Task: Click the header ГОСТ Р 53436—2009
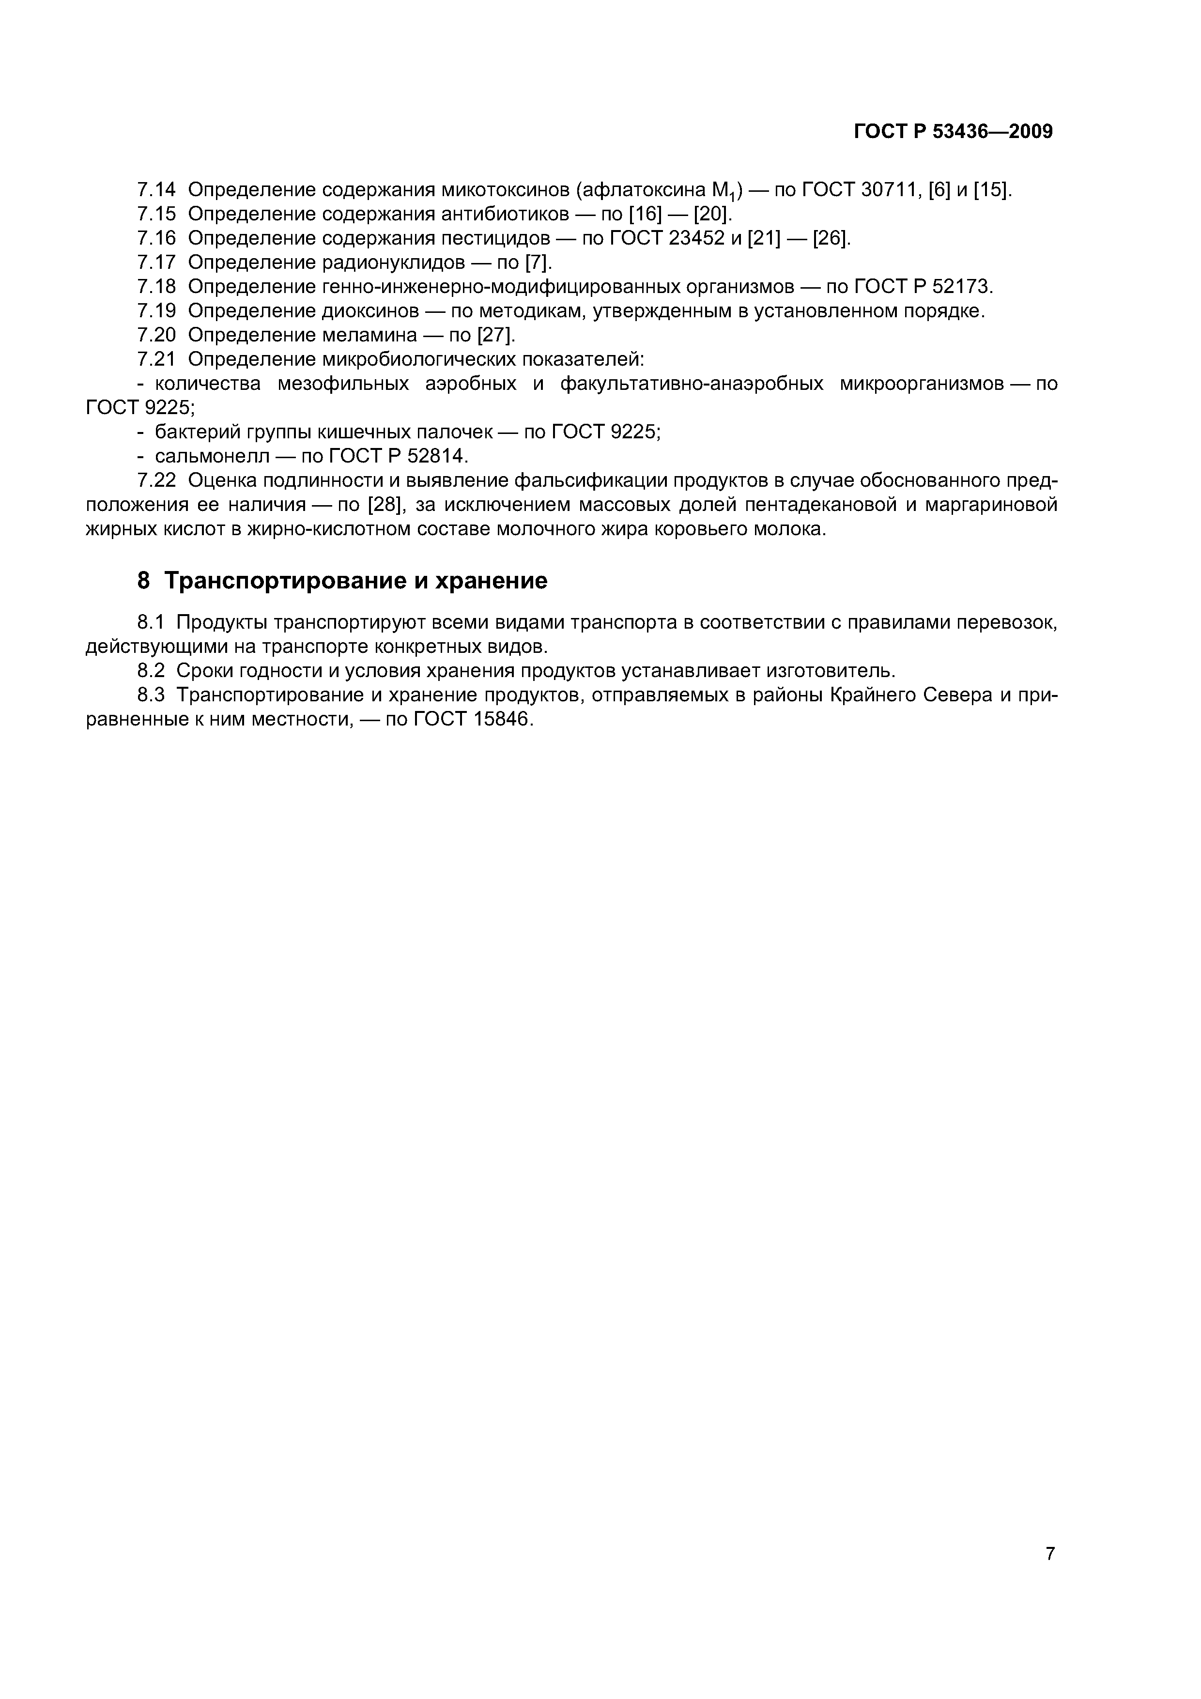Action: tap(953, 132)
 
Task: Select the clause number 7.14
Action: tap(157, 190)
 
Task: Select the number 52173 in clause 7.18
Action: tap(960, 287)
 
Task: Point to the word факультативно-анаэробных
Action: tap(692, 384)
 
